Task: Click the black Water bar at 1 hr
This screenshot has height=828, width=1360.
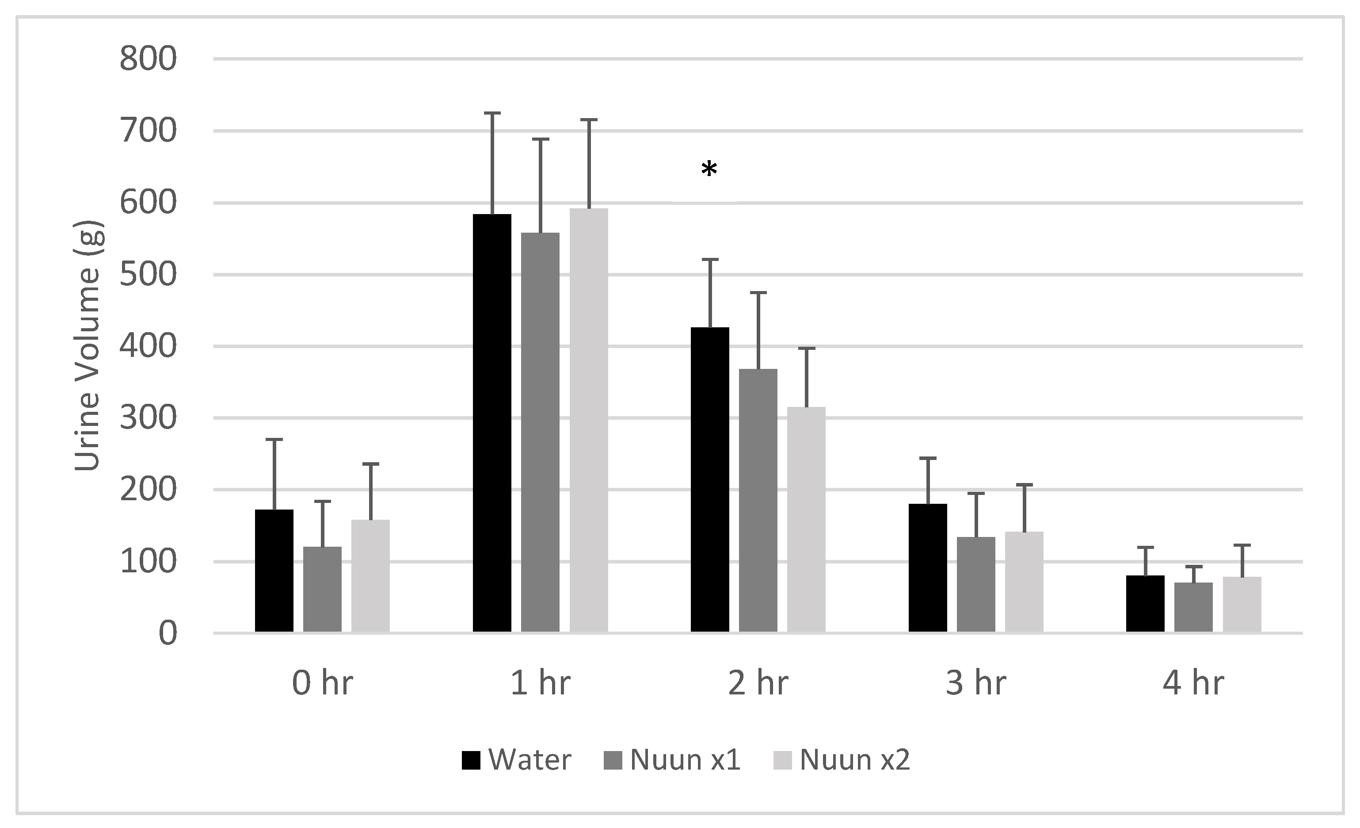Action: (x=492, y=422)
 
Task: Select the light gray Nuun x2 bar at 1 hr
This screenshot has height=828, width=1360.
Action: (x=588, y=420)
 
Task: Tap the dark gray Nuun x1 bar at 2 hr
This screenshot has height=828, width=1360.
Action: (x=758, y=500)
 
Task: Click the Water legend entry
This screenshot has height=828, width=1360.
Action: (x=516, y=759)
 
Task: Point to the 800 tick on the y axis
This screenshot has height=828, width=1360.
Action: (x=148, y=58)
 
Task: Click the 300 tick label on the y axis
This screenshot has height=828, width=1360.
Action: (x=148, y=418)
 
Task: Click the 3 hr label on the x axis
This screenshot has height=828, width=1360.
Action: (x=975, y=683)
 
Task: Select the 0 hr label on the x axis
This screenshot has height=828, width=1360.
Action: (x=322, y=683)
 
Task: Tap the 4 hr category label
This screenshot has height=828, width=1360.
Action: (x=1193, y=683)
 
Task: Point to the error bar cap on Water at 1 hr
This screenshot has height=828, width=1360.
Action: (x=492, y=113)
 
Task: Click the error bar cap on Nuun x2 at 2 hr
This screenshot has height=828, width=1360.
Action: (x=806, y=348)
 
